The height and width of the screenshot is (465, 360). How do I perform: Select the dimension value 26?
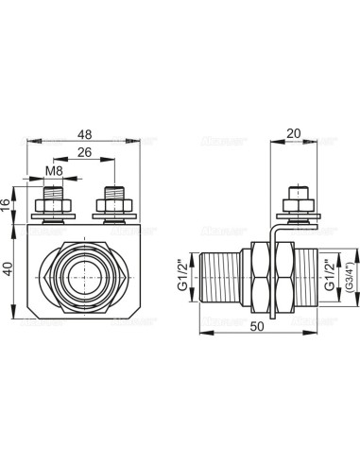pyautogui.click(x=86, y=152)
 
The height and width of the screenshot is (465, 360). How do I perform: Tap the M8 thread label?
pyautogui.click(x=57, y=172)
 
